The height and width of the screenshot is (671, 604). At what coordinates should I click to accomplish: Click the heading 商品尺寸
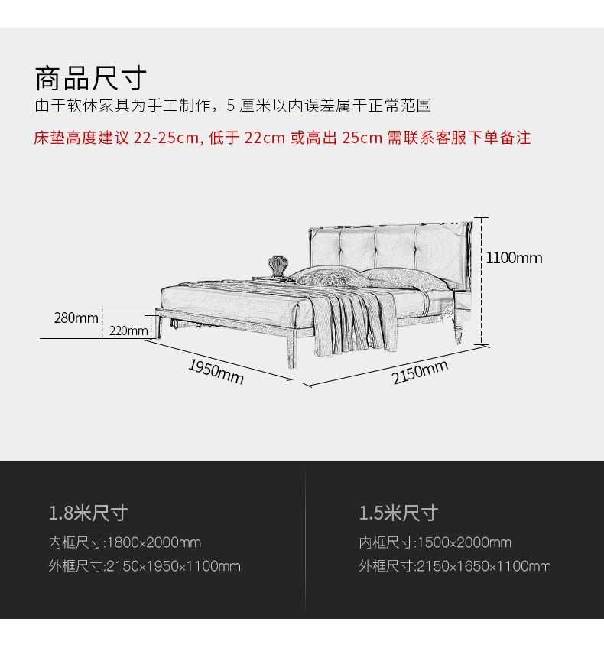pyautogui.click(x=90, y=79)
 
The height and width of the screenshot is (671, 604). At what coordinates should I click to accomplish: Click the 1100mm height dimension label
pyautogui.click(x=514, y=258)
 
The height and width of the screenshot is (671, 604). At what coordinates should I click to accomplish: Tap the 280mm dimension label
pyautogui.click(x=76, y=318)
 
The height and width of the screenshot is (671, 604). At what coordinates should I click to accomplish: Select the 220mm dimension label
pyautogui.click(x=128, y=331)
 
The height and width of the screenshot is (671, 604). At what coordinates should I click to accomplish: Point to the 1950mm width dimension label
pyautogui.click(x=216, y=371)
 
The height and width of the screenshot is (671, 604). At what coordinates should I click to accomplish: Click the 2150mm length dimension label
pyautogui.click(x=420, y=373)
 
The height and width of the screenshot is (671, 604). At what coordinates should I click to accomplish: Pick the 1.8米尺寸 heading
pyautogui.click(x=88, y=512)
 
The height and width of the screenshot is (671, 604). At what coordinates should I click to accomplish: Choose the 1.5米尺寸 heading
pyautogui.click(x=398, y=512)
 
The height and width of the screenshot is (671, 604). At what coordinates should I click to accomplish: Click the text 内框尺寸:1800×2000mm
pyautogui.click(x=125, y=542)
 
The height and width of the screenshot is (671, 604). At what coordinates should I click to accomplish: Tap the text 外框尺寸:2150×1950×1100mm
pyautogui.click(x=145, y=566)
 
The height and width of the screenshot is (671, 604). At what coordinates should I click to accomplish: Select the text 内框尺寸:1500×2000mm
pyautogui.click(x=435, y=542)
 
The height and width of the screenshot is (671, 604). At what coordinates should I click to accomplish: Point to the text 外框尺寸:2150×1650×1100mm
pyautogui.click(x=455, y=566)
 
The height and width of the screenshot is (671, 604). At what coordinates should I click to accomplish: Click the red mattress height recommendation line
pyautogui.click(x=282, y=138)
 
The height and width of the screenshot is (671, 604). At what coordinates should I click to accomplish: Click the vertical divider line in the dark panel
pyautogui.click(x=305, y=539)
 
